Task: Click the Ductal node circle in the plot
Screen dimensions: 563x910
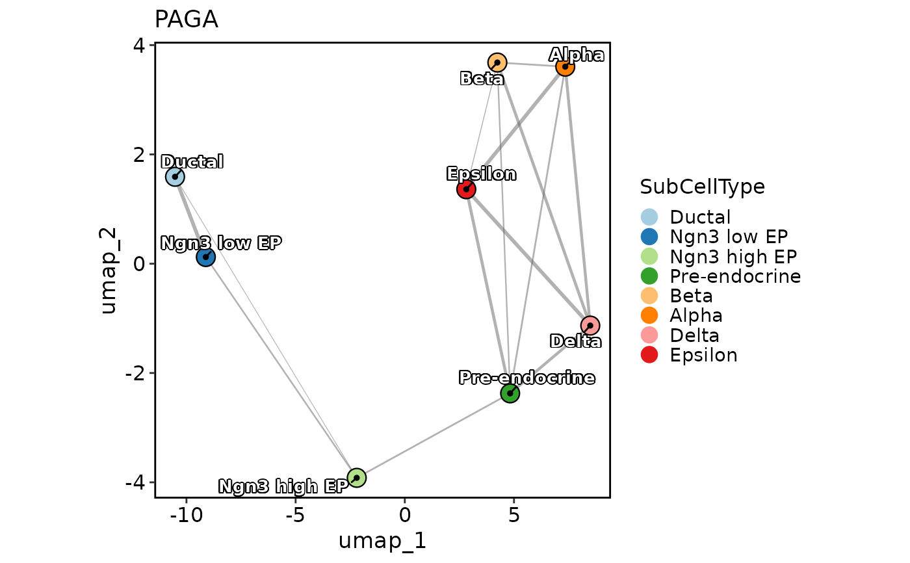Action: pyautogui.click(x=174, y=176)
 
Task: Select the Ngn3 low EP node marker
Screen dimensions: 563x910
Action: pyautogui.click(x=205, y=257)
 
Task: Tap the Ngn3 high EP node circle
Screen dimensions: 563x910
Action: pyautogui.click(x=356, y=478)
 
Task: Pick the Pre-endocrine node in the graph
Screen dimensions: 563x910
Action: pyautogui.click(x=510, y=393)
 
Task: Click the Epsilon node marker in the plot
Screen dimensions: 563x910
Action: pyautogui.click(x=466, y=189)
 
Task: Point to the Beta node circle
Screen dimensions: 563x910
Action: pyautogui.click(x=497, y=62)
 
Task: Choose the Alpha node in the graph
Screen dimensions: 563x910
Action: pyautogui.click(x=565, y=66)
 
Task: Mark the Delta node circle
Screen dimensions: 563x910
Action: pyautogui.click(x=590, y=325)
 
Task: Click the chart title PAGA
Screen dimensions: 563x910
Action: pyautogui.click(x=186, y=20)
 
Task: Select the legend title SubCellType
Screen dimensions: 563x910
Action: pyautogui.click(x=702, y=187)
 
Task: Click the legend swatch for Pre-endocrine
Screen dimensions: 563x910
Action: pyautogui.click(x=649, y=276)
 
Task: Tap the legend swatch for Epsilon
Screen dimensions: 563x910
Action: pyautogui.click(x=649, y=355)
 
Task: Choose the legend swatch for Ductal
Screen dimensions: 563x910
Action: pyautogui.click(x=649, y=217)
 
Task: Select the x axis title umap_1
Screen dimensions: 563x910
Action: pyautogui.click(x=382, y=541)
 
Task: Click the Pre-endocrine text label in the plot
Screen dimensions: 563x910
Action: pyautogui.click(x=526, y=378)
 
